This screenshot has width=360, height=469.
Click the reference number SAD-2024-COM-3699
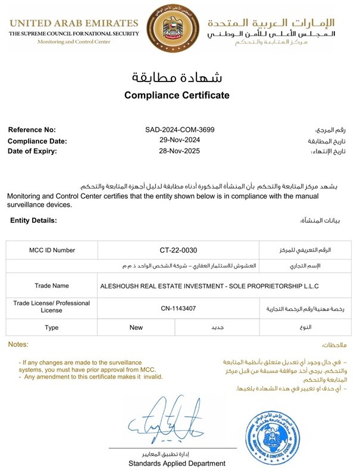(180, 130)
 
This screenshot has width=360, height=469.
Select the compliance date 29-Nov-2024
(180, 140)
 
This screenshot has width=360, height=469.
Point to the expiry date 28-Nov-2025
(180, 151)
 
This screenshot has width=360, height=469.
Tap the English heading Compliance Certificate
(177, 95)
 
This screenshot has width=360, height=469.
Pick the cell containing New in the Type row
(136, 328)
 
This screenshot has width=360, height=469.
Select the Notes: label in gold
(18, 345)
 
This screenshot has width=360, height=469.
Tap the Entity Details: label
(33, 221)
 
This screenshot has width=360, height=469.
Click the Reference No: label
(32, 130)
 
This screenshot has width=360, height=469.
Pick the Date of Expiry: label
(33, 151)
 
